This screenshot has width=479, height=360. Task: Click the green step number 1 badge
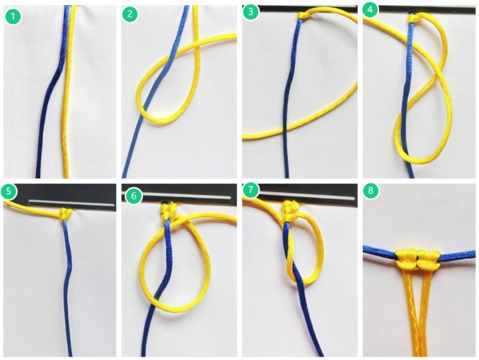pos(13,16)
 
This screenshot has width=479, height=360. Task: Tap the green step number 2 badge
pos(130,15)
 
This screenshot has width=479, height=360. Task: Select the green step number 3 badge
pos(251,12)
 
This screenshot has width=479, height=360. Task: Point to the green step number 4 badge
pos(370,10)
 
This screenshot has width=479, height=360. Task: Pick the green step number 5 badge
pos(9,191)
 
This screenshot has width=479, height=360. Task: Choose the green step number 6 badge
pos(133,195)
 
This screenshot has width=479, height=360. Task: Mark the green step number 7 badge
pos(251,190)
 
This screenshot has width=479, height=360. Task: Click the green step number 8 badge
pos(371,191)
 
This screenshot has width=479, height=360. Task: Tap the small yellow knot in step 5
pos(66,214)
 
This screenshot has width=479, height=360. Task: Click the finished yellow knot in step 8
pos(418,258)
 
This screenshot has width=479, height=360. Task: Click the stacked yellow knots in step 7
pos(288,210)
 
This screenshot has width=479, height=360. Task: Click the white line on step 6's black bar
pos(186,196)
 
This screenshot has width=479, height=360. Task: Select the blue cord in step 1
pos(52,92)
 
